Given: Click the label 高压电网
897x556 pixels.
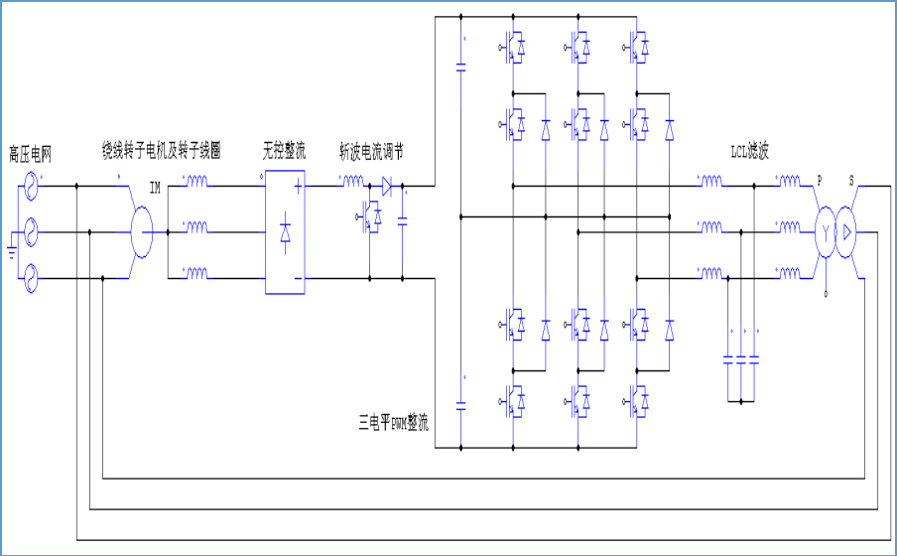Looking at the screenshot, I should [30, 153].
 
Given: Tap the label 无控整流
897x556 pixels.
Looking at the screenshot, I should [284, 151].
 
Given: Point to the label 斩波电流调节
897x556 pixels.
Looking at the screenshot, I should [371, 151].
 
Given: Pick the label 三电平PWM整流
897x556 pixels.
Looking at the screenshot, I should [393, 424].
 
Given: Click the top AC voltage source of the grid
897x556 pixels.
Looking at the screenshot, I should [30, 186].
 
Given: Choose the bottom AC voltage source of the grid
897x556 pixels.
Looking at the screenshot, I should [30, 279].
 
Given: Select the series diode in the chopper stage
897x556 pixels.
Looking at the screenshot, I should [388, 185].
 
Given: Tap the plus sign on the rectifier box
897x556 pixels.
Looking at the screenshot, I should [298, 185].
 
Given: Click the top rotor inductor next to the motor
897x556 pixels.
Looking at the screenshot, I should [195, 183].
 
